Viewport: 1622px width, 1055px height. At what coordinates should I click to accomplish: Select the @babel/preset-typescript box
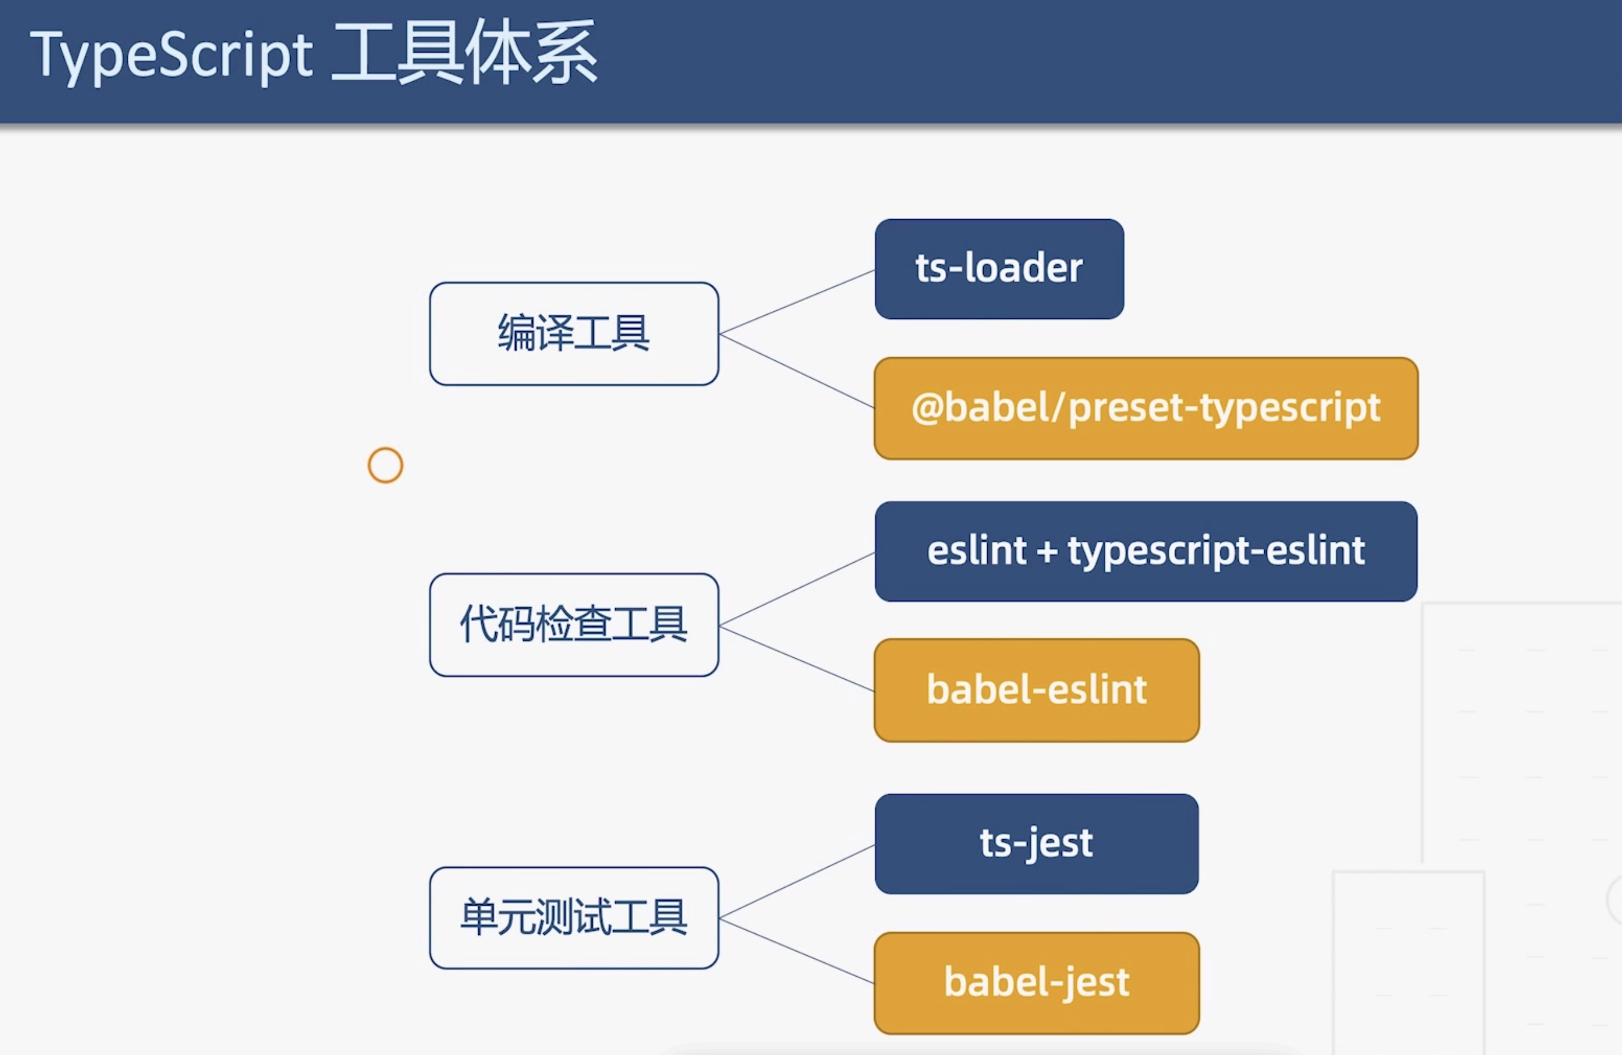1146,408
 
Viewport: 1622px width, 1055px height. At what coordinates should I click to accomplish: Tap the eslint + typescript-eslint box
1146,551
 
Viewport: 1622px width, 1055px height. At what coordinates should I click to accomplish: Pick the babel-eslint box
1037,690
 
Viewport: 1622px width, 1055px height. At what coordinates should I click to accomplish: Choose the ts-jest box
1037,844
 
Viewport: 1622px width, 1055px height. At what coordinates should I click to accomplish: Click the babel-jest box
1037,983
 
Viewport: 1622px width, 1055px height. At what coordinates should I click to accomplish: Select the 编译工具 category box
574,334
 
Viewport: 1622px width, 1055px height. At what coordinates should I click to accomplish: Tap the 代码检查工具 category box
574,625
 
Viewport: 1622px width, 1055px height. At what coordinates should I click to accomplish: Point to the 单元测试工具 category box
574,918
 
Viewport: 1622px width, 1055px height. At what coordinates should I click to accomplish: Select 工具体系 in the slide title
465,52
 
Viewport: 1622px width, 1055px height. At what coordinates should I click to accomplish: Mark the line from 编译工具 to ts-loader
797,302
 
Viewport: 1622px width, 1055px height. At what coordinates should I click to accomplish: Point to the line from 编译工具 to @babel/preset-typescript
797,371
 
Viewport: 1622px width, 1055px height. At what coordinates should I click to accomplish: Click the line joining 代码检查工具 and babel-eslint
797,658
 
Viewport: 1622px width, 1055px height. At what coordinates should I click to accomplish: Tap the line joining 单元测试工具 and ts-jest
797,882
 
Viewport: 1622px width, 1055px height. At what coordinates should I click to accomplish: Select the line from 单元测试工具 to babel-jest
797,950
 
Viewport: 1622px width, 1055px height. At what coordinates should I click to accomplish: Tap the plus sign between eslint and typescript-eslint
1047,551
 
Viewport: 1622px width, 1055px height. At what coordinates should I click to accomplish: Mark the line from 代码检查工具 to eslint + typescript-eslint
797,589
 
